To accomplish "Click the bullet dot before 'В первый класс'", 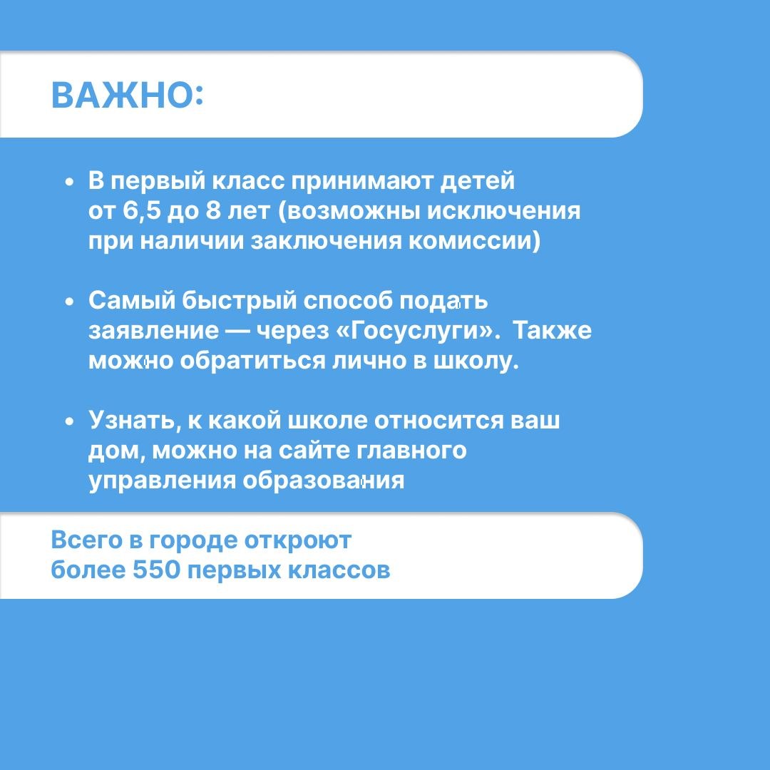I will coord(69,183).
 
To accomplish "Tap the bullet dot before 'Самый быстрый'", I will coord(69,302).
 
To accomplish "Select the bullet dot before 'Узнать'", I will coord(69,421).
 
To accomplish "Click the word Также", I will coord(553,332).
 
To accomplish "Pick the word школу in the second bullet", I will coord(476,361).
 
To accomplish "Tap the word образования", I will coord(324,481).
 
